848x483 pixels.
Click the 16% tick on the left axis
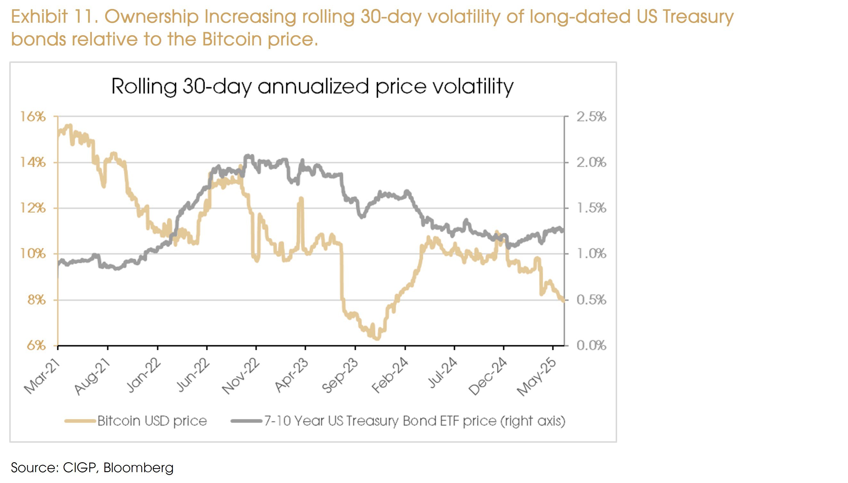point(33,117)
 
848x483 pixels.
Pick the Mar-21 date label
point(42,377)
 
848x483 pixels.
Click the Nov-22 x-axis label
point(241,377)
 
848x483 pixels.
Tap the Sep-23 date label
point(340,376)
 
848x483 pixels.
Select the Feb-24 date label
point(389,376)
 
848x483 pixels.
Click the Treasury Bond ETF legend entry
point(414,421)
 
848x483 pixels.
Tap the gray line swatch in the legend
point(246,421)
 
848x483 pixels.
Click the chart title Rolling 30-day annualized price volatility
point(312,87)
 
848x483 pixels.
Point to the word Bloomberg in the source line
point(138,468)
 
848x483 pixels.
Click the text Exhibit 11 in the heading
point(54,17)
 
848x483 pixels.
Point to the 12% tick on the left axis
point(33,208)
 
